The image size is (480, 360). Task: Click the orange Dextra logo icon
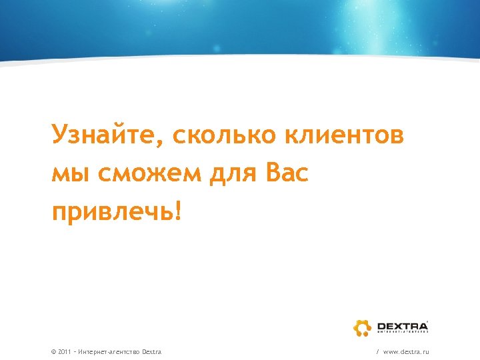tap(362, 327)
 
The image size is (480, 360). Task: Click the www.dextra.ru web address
tap(406, 351)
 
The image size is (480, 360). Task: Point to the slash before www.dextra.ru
tap(378, 351)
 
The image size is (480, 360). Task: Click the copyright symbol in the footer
tap(53, 351)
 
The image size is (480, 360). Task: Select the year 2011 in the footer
tap(65, 351)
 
